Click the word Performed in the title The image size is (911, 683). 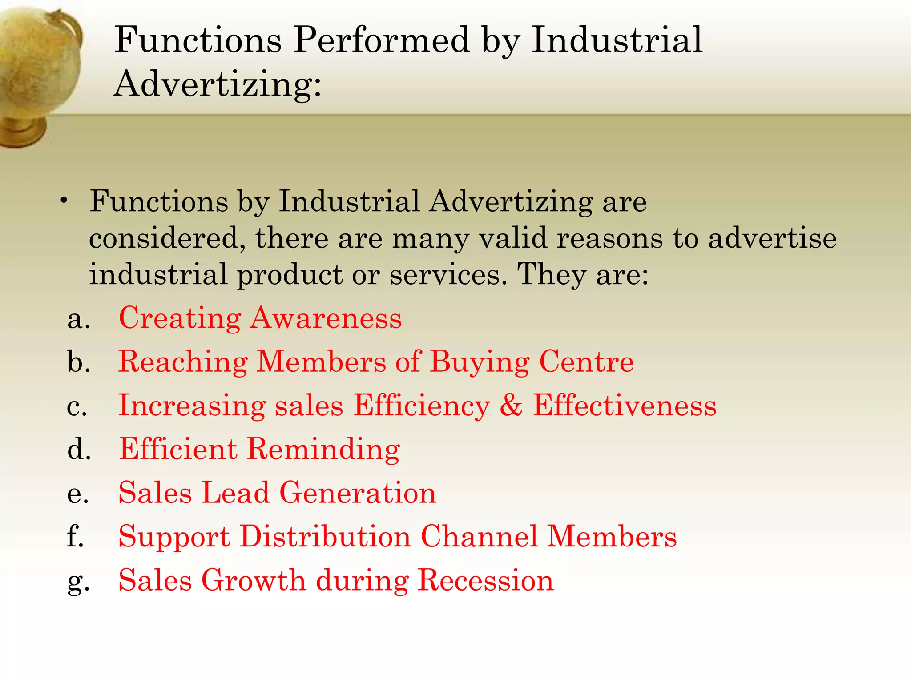pos(382,40)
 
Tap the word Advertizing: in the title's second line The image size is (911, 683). pos(217,84)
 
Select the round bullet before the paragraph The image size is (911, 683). pos(65,201)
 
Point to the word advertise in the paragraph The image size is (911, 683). pos(772,238)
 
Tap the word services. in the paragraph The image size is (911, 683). pos(448,274)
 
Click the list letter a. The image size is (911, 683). pos(78,319)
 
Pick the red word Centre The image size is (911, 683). pos(586,362)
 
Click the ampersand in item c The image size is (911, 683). pos(511,405)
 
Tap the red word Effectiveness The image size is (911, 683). pos(625,405)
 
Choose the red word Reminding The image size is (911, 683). pos(323,449)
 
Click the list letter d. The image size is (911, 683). pos(79,449)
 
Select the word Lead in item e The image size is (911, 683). pos(235,493)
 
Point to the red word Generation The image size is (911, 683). pos(358,493)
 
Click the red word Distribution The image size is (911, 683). pos(326,536)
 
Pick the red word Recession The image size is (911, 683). pos(486,580)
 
